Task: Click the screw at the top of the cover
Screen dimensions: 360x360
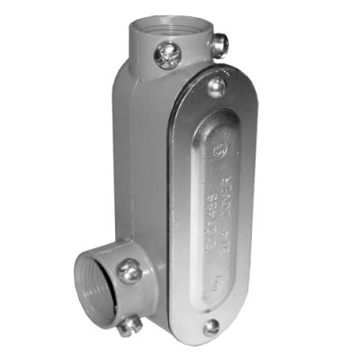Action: point(216,86)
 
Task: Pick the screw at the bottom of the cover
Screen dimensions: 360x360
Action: point(211,328)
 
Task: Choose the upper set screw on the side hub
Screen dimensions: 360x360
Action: point(130,268)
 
